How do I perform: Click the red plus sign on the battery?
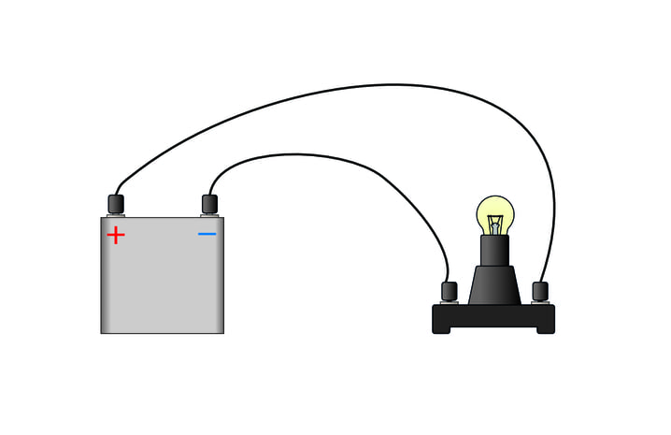pos(116,235)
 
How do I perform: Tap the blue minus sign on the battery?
pos(207,233)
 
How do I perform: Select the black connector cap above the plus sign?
pos(116,203)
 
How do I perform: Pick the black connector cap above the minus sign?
pos(209,203)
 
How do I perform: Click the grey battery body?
pos(163,281)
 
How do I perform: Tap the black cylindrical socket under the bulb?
pos(494,251)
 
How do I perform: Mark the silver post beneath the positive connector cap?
pos(116,214)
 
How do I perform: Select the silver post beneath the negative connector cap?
pos(209,214)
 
